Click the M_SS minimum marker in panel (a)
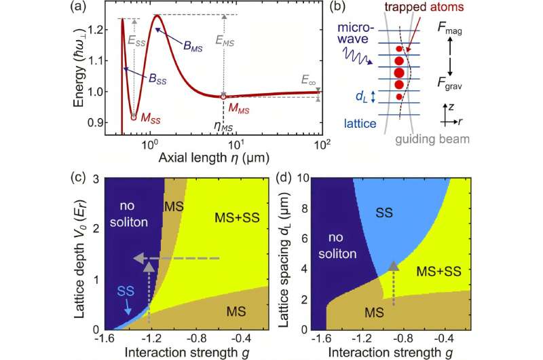134,117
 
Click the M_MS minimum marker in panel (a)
223,96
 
